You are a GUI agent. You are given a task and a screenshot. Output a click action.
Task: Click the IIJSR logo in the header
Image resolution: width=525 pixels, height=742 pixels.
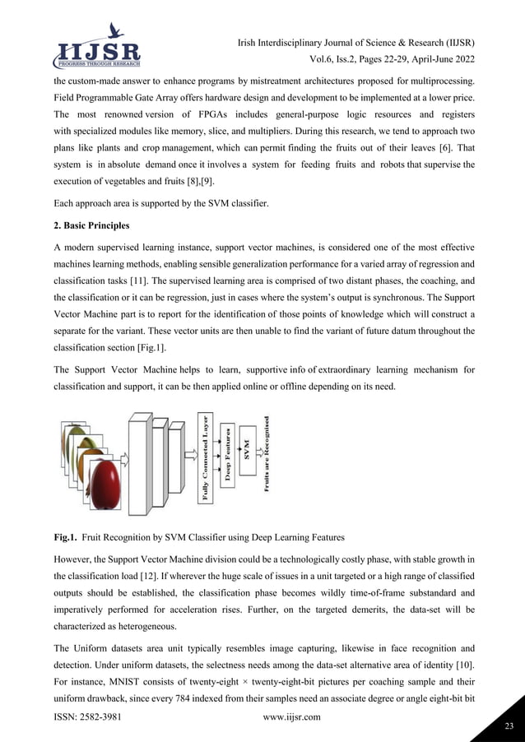(x=97, y=45)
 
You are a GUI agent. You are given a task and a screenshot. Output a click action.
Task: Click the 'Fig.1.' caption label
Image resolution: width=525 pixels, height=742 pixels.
(x=66, y=538)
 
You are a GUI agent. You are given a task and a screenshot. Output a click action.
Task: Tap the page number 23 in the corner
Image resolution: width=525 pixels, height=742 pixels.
(x=507, y=726)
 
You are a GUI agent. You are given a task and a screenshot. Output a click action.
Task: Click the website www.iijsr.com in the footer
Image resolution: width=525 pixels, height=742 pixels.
(x=290, y=717)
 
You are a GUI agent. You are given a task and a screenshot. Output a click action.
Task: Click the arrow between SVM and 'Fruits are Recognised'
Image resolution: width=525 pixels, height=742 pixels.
(x=257, y=451)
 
